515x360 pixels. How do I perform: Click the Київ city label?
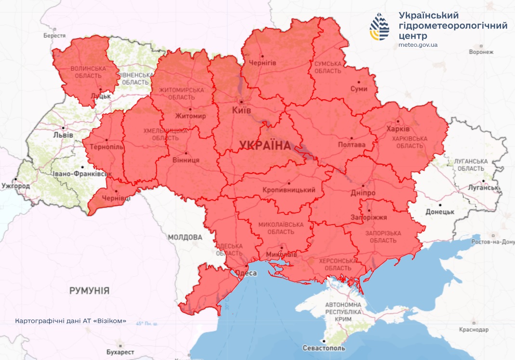(x=241, y=111)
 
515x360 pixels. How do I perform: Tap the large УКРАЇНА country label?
(x=265, y=146)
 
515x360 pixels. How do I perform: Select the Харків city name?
(x=398, y=129)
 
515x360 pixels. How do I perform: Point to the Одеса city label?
(x=246, y=273)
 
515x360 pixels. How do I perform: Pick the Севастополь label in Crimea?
(x=324, y=348)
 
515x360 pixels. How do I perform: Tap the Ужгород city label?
(x=16, y=186)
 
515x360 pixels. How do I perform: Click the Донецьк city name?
(x=440, y=212)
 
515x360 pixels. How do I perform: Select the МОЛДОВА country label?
(x=185, y=238)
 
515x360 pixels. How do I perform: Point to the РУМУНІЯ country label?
(x=89, y=291)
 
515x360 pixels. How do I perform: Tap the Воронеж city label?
(x=481, y=52)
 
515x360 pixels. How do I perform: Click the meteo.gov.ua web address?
(x=418, y=45)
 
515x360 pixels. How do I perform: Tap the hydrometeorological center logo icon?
(x=380, y=27)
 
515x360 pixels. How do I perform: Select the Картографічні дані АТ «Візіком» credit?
(x=71, y=320)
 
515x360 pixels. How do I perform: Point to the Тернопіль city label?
(x=107, y=147)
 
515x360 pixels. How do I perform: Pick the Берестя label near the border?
(x=54, y=36)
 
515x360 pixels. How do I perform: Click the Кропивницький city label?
(x=289, y=190)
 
